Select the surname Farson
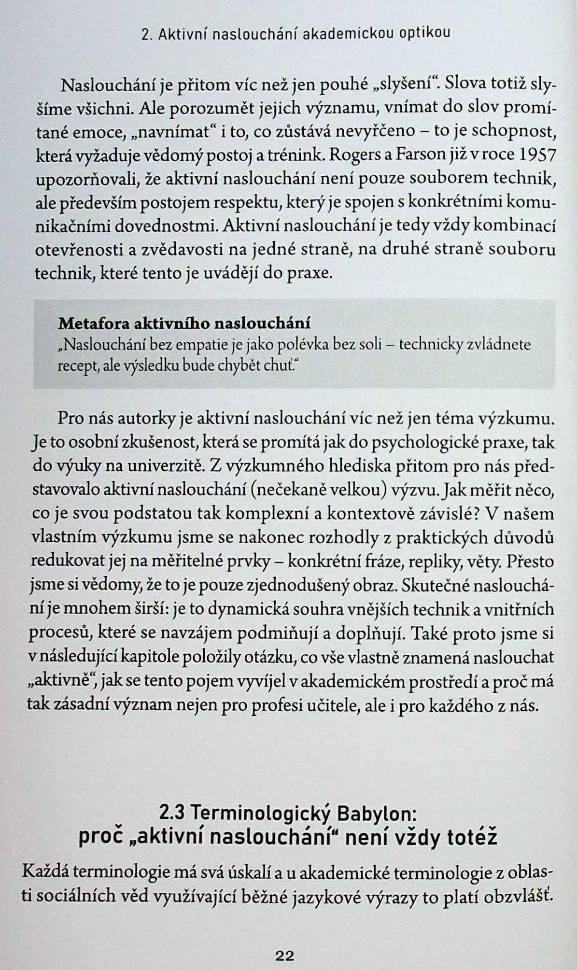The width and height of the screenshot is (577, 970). (x=423, y=155)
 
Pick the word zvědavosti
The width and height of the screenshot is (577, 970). (x=176, y=250)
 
